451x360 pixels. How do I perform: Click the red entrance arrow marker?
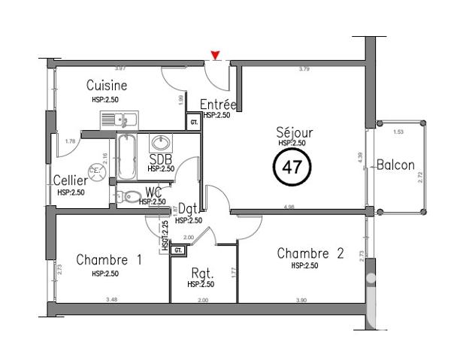[x=216, y=54]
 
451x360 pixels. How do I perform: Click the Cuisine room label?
[x=106, y=85]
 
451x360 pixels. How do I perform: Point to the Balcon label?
[x=396, y=165]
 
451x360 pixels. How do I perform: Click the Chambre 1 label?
[x=109, y=260]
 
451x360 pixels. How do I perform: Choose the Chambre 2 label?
[x=310, y=253]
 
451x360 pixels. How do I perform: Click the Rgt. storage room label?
[x=201, y=274]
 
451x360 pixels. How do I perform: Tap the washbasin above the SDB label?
[x=161, y=142]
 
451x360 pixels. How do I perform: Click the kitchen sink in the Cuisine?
[x=118, y=119]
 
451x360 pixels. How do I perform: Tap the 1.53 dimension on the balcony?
[x=399, y=132]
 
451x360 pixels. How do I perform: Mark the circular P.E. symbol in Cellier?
[x=95, y=170]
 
